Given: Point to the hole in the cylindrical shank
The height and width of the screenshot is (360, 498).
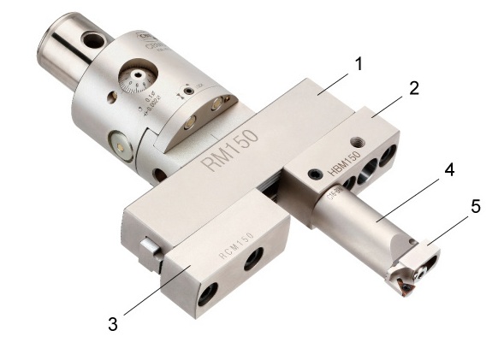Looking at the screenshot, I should pos(91,39).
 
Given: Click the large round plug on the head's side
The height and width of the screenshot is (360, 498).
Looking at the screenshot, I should pos(120,147).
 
